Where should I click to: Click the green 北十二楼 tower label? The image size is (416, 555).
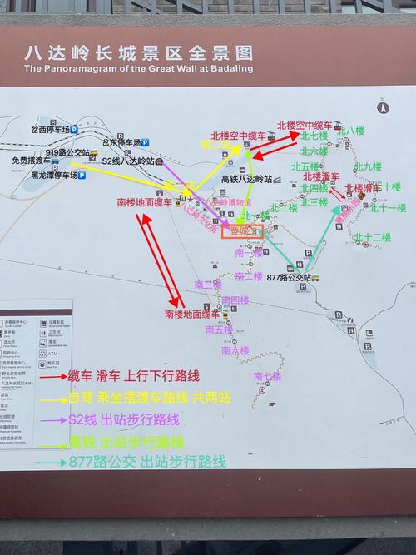coord(372,238)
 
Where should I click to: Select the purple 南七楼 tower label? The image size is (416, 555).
coord(267,376)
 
